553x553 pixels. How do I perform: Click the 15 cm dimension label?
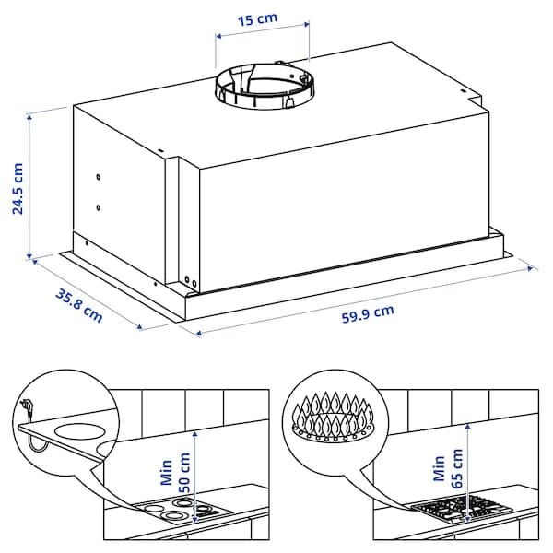coord(263,20)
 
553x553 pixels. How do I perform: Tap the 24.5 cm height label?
coord(18,188)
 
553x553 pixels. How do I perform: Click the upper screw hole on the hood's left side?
coord(98,176)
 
